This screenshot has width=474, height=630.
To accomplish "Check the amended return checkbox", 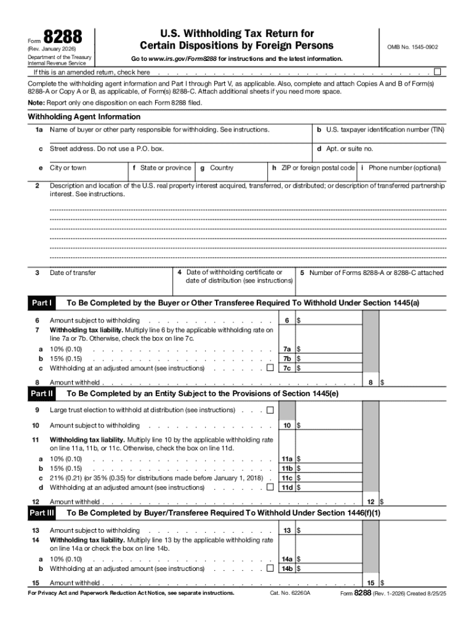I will point(438,71).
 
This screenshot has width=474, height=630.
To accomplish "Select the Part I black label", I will point(41,303).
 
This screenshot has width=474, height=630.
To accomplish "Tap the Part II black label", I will point(41,393).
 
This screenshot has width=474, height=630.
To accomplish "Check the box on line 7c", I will point(270,369).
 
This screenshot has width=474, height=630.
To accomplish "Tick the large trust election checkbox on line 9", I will point(270,410).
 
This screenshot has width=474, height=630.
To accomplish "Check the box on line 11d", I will point(270,487).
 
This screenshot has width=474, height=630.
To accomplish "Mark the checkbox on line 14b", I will point(270,569).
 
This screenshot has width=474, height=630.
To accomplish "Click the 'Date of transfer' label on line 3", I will point(73,273).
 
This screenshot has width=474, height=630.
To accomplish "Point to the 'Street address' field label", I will point(106,149).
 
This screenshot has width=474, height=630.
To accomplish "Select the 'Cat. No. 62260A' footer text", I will point(290,593).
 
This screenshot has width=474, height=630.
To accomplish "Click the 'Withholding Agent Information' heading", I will point(84,117).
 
